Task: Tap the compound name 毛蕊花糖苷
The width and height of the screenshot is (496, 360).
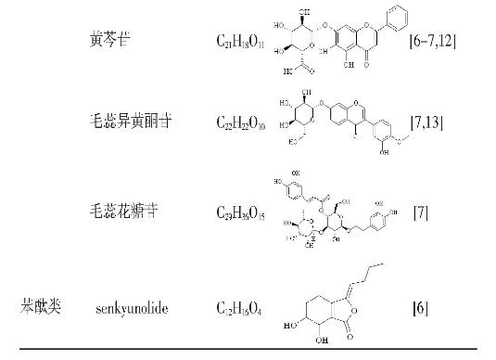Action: pyautogui.click(x=114, y=212)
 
